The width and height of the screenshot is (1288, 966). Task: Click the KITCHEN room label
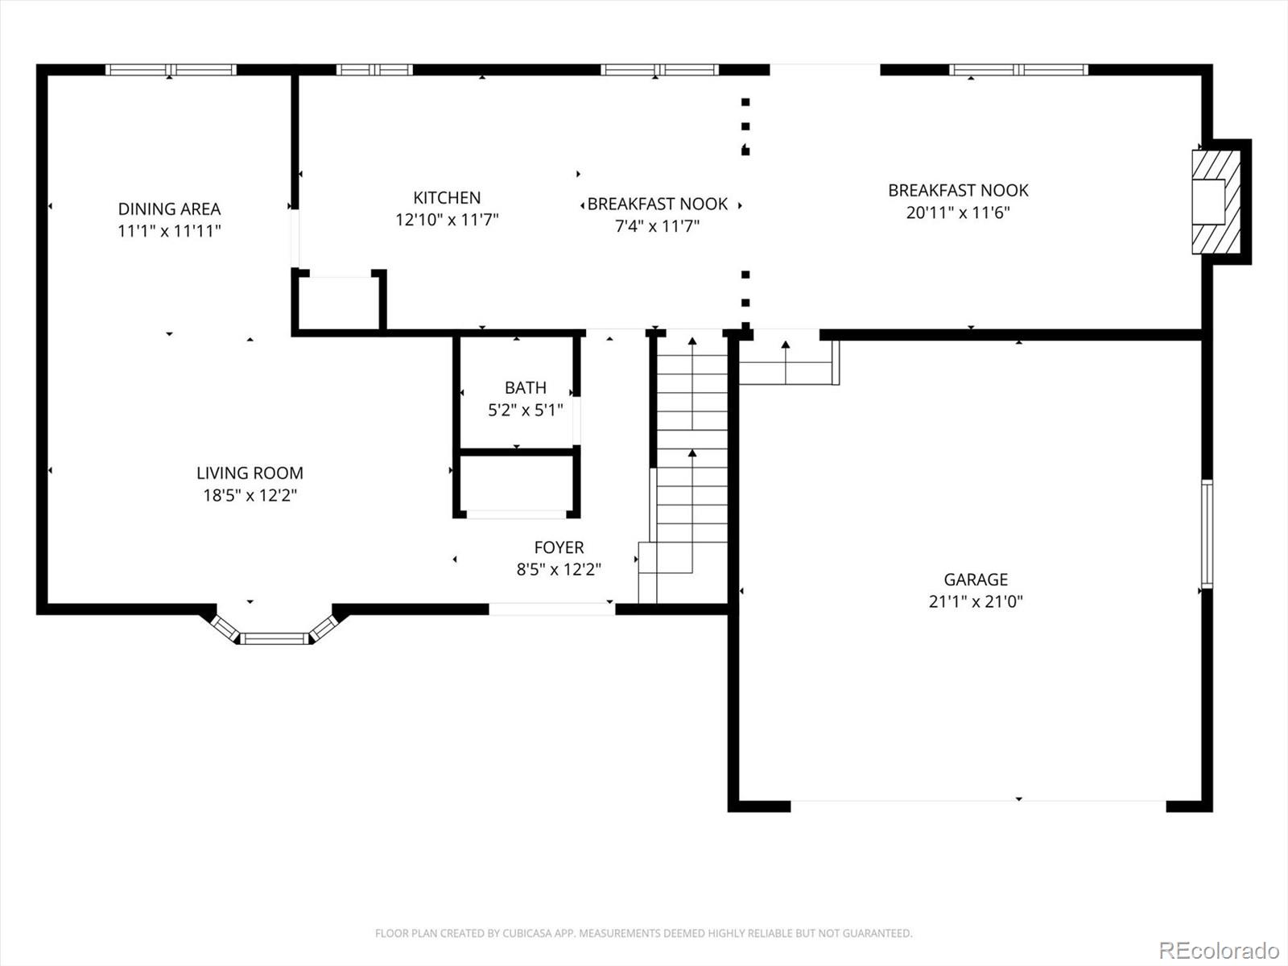(447, 198)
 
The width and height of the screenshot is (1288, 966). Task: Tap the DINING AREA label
(169, 208)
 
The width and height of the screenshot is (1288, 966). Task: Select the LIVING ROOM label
(250, 473)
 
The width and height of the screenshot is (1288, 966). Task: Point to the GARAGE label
(976, 580)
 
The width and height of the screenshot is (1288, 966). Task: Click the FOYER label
(559, 547)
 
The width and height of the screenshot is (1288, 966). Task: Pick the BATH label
(525, 388)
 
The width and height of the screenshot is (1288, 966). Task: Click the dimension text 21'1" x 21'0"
(976, 602)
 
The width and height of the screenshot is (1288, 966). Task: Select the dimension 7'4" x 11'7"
(657, 226)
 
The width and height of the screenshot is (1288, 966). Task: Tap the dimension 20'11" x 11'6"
(958, 213)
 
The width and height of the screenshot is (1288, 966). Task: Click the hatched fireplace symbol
(1216, 202)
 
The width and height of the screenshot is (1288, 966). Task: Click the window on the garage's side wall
(1207, 535)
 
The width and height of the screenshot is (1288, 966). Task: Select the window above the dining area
(171, 70)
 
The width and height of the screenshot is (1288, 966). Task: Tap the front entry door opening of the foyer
(551, 609)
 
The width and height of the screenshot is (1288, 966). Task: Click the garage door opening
(978, 801)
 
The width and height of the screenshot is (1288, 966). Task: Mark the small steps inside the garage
(789, 362)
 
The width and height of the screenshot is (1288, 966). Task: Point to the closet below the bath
(516, 485)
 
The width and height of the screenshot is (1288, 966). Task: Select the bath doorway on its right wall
(577, 420)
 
